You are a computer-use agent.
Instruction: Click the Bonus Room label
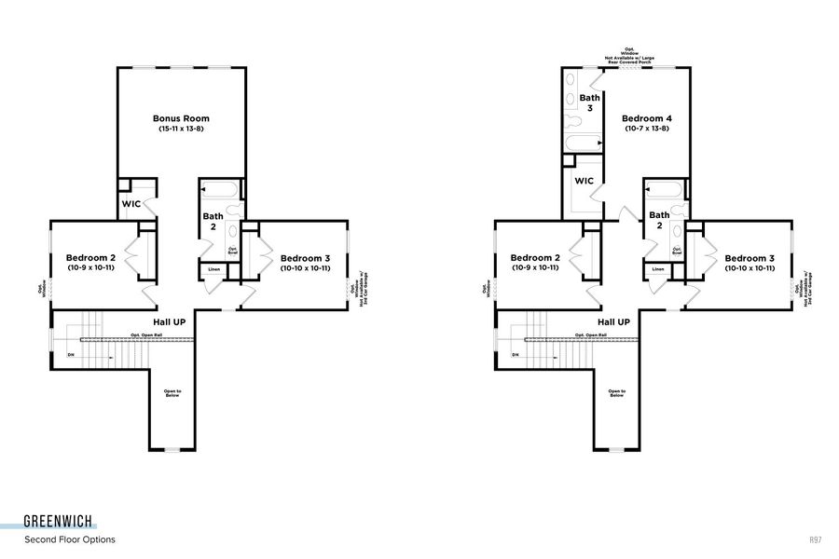(x=181, y=118)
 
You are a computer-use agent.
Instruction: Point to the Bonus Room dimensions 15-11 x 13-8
(x=181, y=129)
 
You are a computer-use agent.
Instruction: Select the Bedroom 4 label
(x=646, y=118)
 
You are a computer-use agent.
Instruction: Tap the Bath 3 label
(x=589, y=102)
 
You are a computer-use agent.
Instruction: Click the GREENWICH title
(x=58, y=523)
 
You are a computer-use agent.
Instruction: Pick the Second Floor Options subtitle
(x=70, y=539)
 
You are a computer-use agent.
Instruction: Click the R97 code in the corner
(x=816, y=539)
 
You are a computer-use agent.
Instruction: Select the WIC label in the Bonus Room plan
(x=131, y=204)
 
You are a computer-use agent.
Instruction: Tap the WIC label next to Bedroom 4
(x=585, y=181)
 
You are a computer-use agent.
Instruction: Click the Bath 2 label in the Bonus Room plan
(x=213, y=222)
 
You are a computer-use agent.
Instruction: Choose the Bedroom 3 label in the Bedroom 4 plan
(x=750, y=258)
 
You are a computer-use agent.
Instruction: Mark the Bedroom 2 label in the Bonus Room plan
(x=90, y=258)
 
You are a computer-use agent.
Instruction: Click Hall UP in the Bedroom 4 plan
(x=612, y=321)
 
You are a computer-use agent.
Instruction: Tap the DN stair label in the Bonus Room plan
(x=71, y=355)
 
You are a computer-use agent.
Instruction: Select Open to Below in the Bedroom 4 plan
(x=616, y=393)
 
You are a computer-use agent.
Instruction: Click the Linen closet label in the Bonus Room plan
(x=214, y=269)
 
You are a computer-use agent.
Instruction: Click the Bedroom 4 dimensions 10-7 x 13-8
(x=646, y=129)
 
